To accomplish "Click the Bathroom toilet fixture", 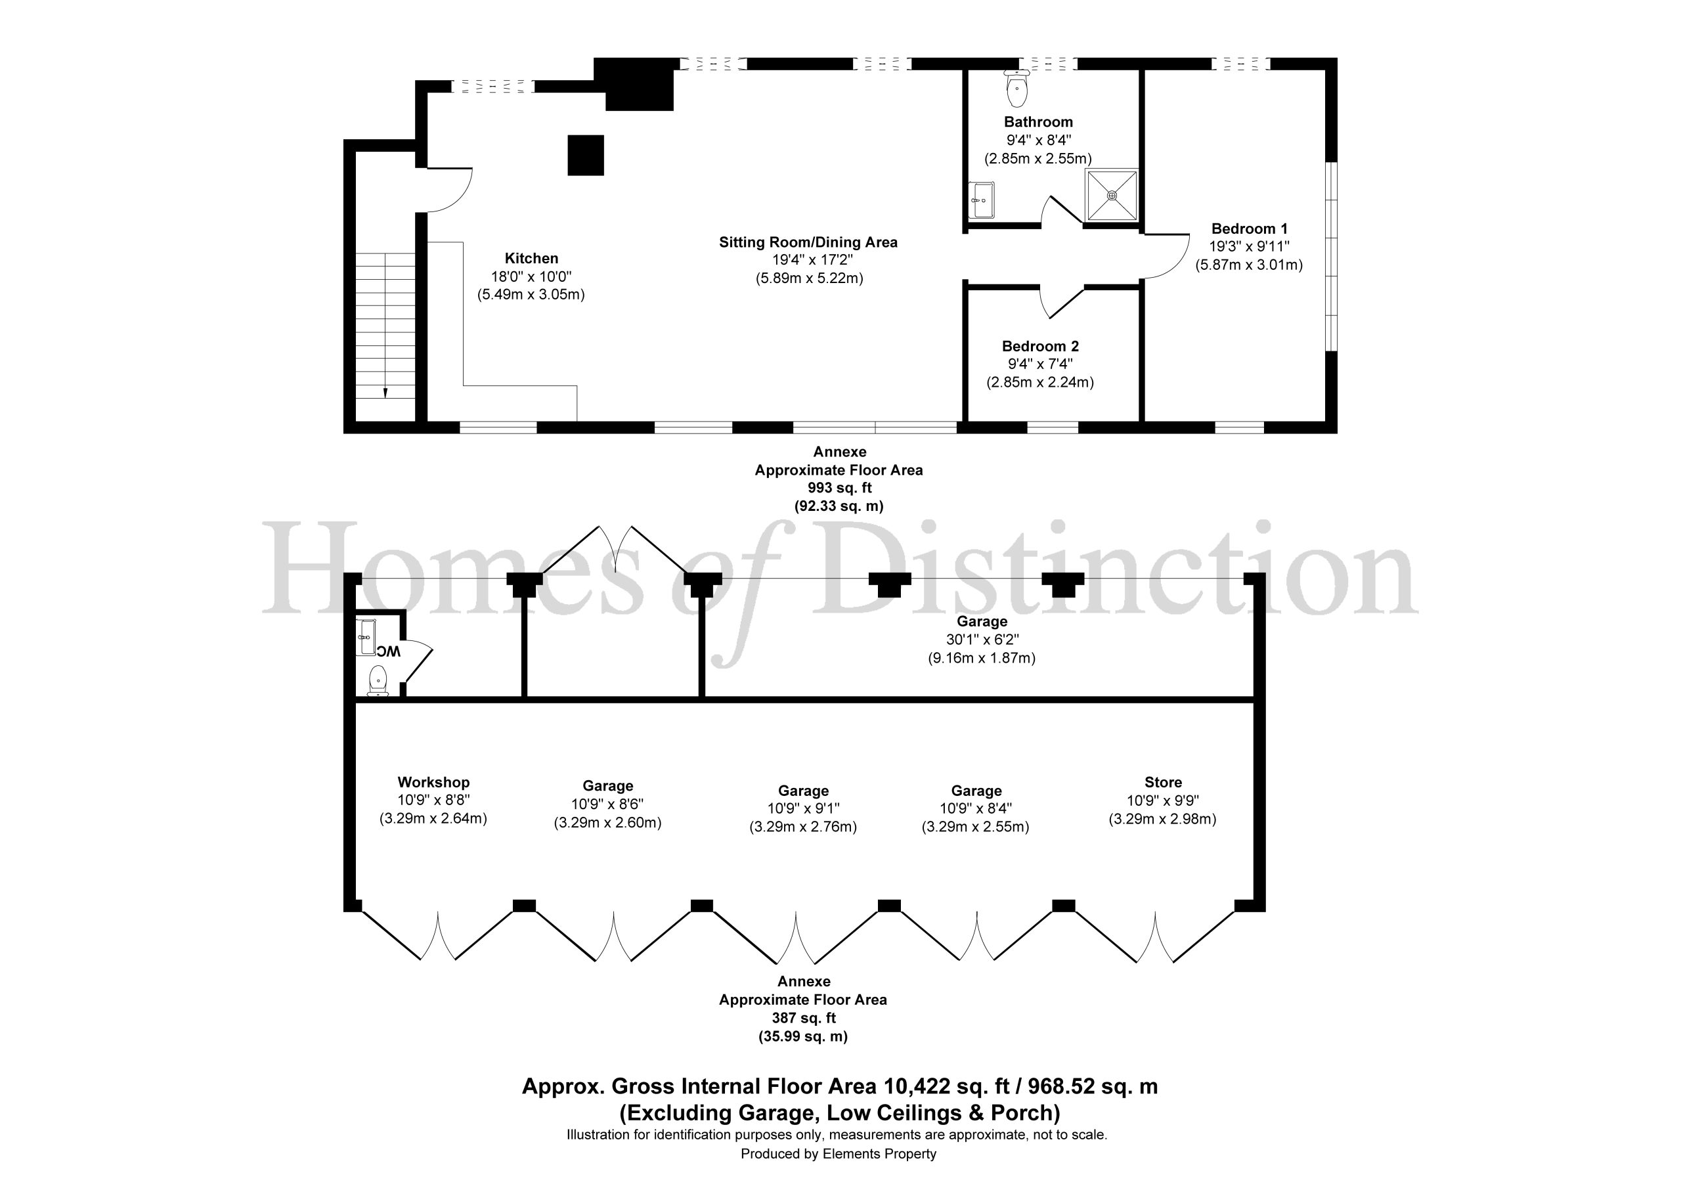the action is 1017,89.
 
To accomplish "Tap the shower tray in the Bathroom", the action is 1112,196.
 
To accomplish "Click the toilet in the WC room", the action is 378,680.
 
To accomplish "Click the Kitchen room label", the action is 531,259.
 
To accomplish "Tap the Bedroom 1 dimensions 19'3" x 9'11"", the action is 1249,247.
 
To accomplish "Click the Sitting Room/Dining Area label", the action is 808,242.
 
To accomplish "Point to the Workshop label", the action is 433,782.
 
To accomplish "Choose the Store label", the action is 1163,782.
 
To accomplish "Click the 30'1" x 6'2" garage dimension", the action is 982,640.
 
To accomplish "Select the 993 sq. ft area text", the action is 839,488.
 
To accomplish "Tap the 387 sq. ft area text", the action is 803,1018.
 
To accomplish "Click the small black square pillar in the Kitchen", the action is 586,155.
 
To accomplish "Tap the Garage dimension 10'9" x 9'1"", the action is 803,808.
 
